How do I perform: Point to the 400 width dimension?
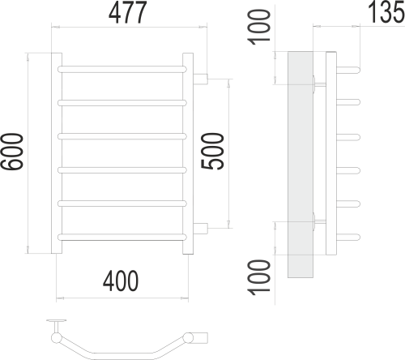point(122,281)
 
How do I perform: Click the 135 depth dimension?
point(380,14)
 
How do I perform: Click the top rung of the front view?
point(124,69)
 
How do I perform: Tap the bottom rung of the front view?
point(124,237)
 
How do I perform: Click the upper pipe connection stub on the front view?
point(200,79)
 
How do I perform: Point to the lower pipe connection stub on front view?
point(200,227)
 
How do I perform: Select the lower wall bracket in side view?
point(318,222)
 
